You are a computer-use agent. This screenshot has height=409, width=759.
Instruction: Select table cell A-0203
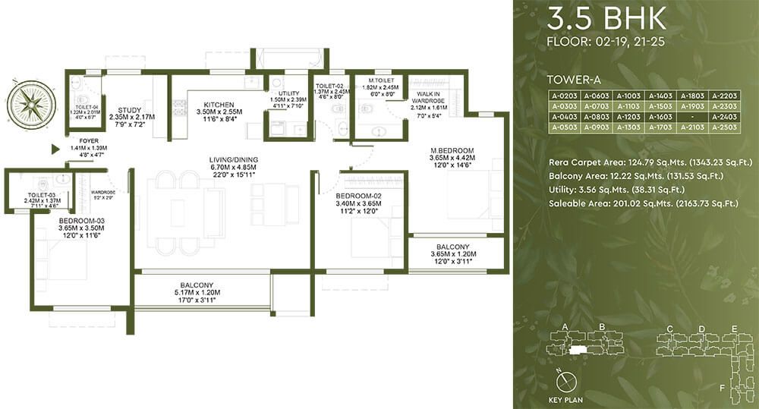[563, 96]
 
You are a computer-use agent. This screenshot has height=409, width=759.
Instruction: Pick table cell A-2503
[725, 128]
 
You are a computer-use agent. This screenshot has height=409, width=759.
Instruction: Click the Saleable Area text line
[643, 203]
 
